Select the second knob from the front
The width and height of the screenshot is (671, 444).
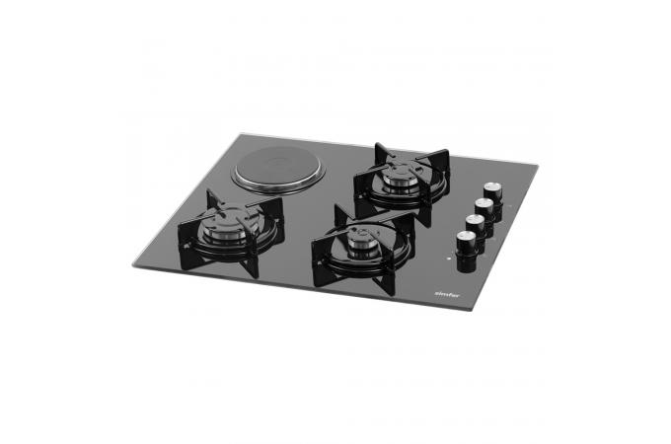point(475,230)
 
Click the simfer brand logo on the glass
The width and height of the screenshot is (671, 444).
point(447,294)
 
